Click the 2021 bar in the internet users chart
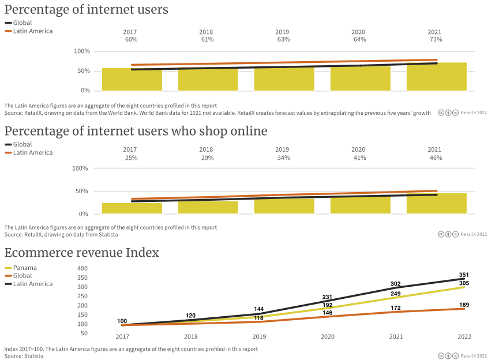tap(436, 77)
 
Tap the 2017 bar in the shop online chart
tap(132, 208)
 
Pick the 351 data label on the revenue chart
tap(464, 275)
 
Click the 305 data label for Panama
tap(464, 283)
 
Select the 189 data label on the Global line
tap(464, 305)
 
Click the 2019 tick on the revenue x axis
tap(259, 336)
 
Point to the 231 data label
tap(327, 297)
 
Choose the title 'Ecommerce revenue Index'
tap(82, 253)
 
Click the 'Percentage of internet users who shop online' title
tap(136, 131)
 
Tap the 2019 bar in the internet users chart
tap(284, 79)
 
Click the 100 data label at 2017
tap(122, 321)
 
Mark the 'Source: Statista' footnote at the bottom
tap(24, 356)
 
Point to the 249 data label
tap(396, 294)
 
